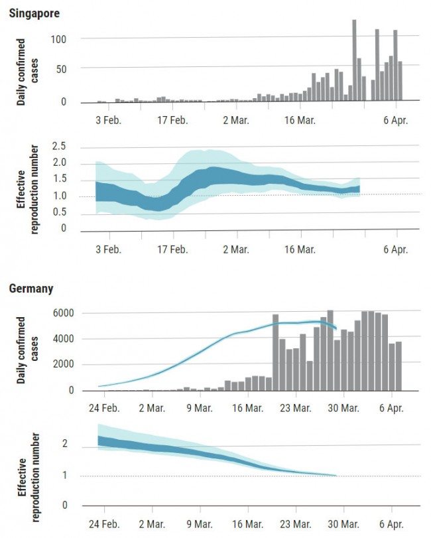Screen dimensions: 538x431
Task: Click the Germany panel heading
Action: (x=31, y=289)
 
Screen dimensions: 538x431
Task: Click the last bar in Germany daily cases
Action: (x=399, y=366)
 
